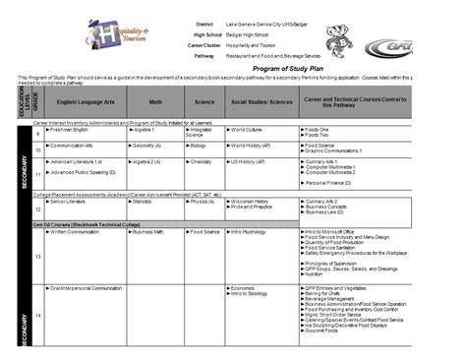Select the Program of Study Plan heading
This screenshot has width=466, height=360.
232,70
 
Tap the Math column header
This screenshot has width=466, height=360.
155,100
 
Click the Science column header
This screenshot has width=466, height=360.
203,100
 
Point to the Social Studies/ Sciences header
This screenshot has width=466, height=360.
261,100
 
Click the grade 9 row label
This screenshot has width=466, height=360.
38,132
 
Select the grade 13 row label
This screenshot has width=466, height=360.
38,255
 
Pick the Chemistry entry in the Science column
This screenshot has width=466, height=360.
203,160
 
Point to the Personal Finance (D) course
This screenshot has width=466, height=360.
330,183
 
